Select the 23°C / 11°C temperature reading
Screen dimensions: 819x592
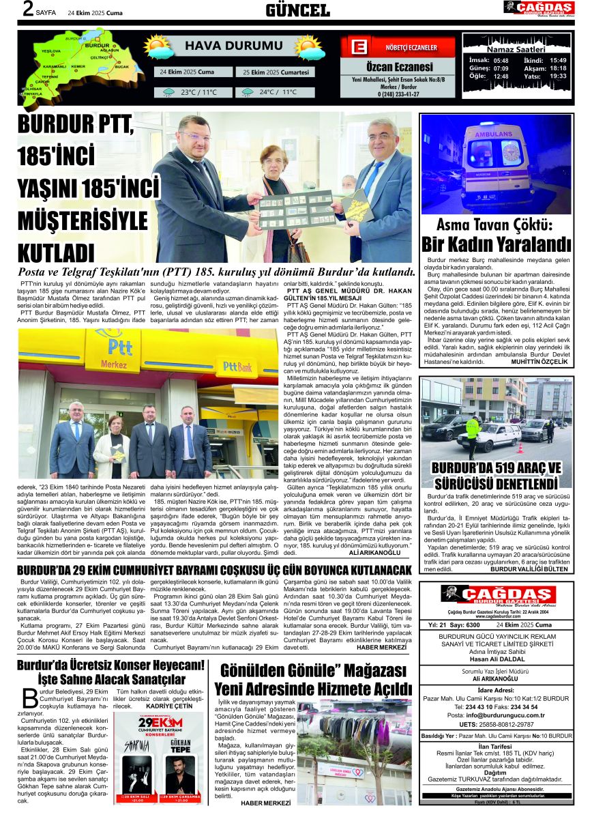[x=198, y=92]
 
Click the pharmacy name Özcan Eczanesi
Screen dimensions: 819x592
[x=399, y=67]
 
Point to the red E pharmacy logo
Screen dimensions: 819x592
[x=358, y=48]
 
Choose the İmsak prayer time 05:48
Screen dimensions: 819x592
[x=500, y=60]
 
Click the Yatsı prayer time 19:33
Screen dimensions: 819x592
[x=558, y=76]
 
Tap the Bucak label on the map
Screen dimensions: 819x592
[x=121, y=67]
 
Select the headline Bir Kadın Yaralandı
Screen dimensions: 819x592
[x=496, y=244]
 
